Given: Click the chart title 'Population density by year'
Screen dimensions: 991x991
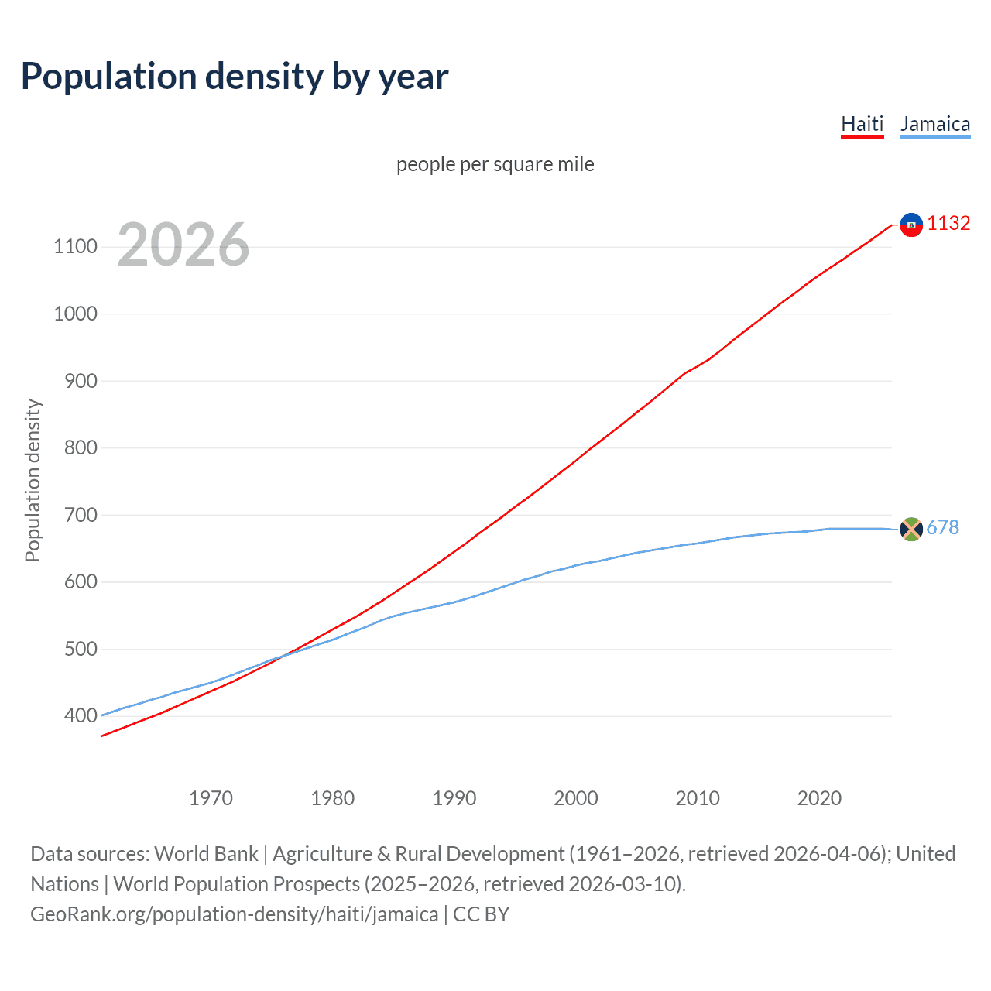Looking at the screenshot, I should [x=235, y=77].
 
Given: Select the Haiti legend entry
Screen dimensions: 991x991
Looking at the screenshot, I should [x=862, y=124].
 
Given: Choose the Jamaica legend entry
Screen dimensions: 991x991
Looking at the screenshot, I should [x=934, y=124].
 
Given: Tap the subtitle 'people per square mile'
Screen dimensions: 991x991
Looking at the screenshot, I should [x=495, y=164].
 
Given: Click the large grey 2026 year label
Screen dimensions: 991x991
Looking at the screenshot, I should [x=183, y=245].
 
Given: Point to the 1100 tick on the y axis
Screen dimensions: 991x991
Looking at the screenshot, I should [x=75, y=247].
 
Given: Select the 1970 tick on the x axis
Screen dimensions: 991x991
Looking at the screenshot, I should [x=211, y=798].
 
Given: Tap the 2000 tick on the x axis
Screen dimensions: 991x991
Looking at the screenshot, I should [x=576, y=798].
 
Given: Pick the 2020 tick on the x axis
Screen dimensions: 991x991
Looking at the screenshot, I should [x=819, y=798].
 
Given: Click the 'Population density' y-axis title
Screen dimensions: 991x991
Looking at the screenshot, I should [x=33, y=480].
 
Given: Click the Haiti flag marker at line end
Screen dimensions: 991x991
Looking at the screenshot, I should [x=911, y=225].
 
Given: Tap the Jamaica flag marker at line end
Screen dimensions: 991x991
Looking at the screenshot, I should [x=911, y=529].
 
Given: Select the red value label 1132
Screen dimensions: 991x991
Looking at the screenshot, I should [x=948, y=224].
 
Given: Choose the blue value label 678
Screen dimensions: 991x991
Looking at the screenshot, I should [x=942, y=528].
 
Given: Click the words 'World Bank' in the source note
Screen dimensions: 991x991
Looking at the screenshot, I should [x=206, y=854].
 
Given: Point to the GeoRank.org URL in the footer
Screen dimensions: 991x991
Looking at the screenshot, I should [x=234, y=914].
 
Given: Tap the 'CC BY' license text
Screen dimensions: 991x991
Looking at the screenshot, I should [x=481, y=914].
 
